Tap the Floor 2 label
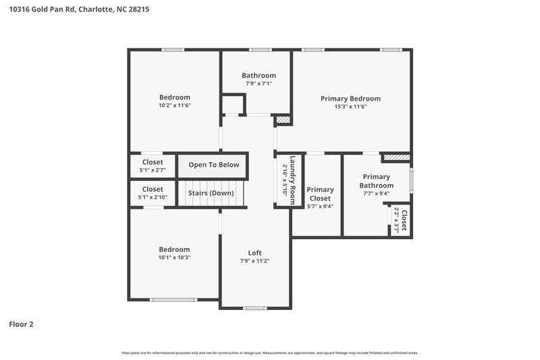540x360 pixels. tap(21, 324)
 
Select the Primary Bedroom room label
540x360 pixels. tap(350, 99)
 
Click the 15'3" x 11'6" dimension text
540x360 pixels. tap(350, 107)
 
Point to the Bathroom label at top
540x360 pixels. tap(259, 76)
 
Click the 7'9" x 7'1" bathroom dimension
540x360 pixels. tap(259, 84)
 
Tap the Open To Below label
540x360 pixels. tap(213, 165)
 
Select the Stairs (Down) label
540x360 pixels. tap(211, 193)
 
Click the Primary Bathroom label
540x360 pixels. tap(376, 181)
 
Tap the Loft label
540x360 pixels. tap(254, 253)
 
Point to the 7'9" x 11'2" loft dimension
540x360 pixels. tap(254, 261)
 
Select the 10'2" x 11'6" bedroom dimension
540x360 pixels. tap(174, 105)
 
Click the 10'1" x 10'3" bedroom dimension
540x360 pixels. tap(174, 257)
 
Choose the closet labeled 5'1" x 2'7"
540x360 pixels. tap(153, 170)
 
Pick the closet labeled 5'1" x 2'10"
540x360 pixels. tap(153, 197)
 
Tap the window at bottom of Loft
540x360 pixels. tap(254, 308)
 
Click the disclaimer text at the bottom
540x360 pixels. tap(270, 353)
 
